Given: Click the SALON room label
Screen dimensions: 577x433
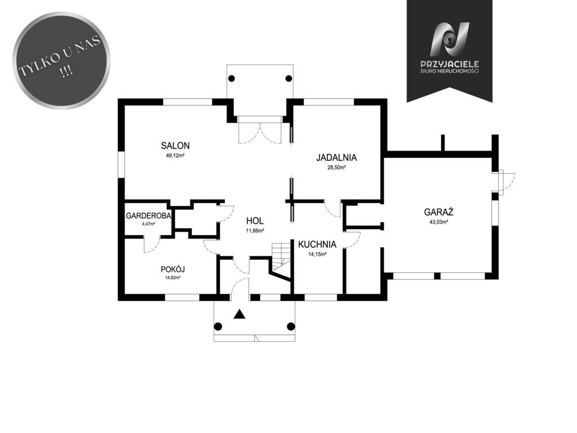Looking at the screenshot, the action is point(175,145).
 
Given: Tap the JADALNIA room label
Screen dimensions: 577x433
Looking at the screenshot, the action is point(336,158).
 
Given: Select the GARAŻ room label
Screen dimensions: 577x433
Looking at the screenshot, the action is point(438,212).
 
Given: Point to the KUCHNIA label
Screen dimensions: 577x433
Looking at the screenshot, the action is point(317,245).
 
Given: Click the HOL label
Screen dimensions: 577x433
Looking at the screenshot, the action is point(255,221).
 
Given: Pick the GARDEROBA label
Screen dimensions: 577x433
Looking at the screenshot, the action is point(148,216).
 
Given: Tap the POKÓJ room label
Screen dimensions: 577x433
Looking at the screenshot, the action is point(172,269).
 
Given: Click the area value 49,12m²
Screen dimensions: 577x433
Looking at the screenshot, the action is point(175,156).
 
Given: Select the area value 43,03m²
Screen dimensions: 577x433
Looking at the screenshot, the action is point(438,222).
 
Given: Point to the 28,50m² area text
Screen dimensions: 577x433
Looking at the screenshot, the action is point(336,167).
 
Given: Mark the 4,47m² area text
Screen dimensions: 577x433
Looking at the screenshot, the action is point(149,223).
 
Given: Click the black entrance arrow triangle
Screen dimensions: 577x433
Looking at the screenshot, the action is point(239,313).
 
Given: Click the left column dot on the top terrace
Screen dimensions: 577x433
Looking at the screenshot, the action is point(232,78).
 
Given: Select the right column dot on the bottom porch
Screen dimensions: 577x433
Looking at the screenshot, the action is point(291,326).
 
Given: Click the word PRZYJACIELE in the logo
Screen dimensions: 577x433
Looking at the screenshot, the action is point(449,64).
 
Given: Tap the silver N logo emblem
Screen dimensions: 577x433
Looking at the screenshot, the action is point(450,39).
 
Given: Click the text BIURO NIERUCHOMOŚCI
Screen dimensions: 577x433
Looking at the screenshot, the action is point(449,71).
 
